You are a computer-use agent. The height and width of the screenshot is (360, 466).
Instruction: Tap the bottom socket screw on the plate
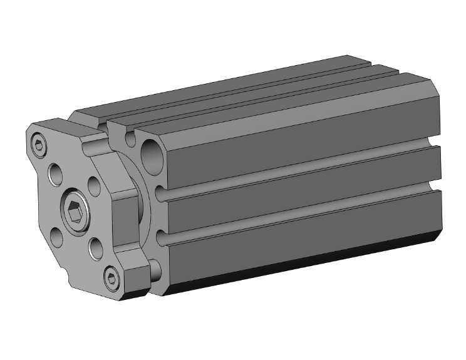[x=111, y=276]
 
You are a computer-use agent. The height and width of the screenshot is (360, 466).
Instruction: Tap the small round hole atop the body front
[x=129, y=135]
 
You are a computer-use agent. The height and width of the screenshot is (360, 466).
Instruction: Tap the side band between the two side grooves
[x=301, y=191]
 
